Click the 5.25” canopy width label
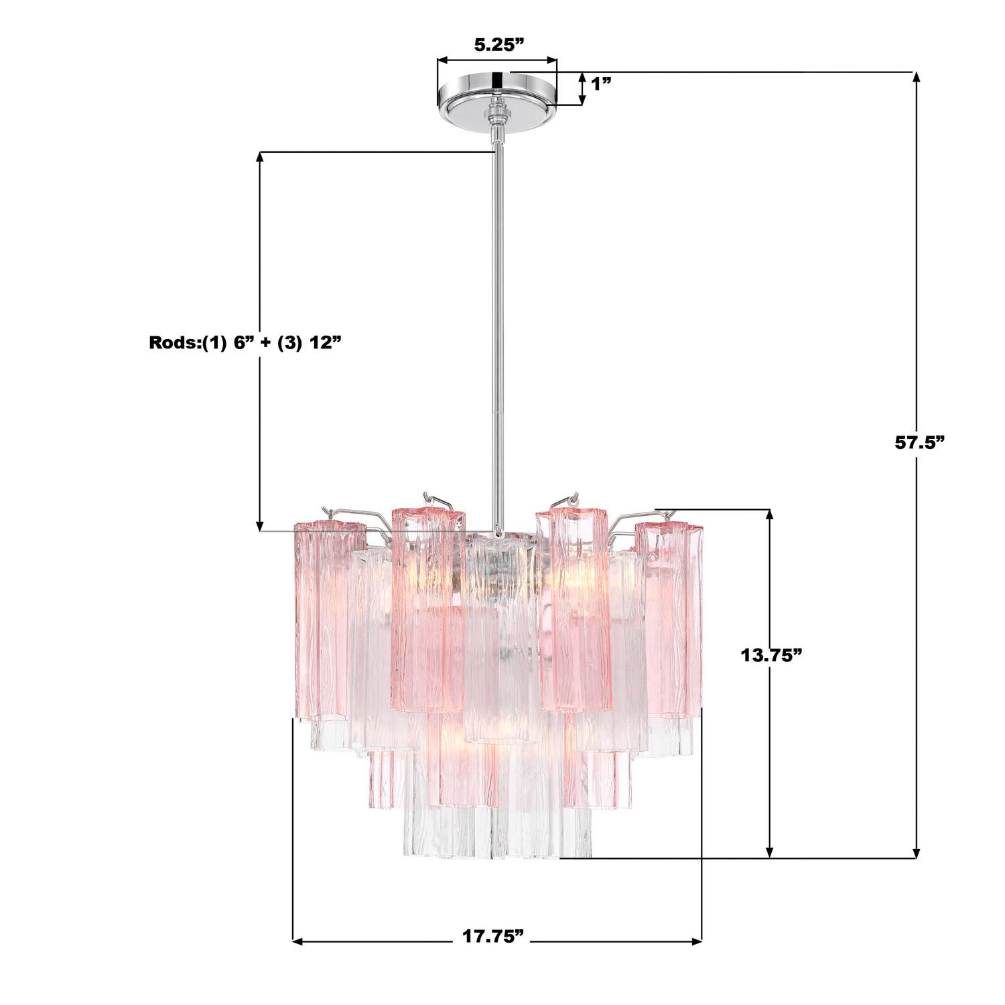[497, 45]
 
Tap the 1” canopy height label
[601, 84]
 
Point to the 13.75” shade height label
[771, 655]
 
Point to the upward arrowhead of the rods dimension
[260, 158]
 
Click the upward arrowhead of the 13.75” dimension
[770, 515]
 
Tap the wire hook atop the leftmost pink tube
[328, 513]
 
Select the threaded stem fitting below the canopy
[496, 117]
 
